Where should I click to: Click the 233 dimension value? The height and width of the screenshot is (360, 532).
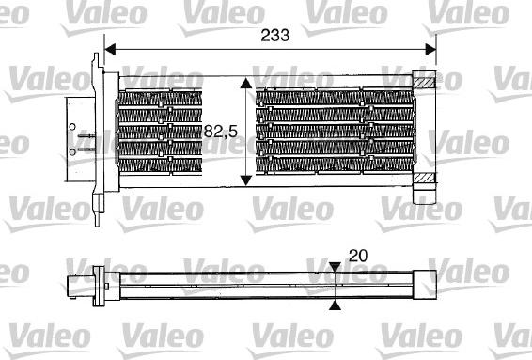(274, 34)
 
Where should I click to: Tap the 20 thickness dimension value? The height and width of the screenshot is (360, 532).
(358, 255)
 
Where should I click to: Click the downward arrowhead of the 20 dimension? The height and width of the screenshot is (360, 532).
(336, 270)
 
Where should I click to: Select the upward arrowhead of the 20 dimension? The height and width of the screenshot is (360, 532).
(336, 304)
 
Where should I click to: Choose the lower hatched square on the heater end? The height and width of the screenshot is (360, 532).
(427, 178)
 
